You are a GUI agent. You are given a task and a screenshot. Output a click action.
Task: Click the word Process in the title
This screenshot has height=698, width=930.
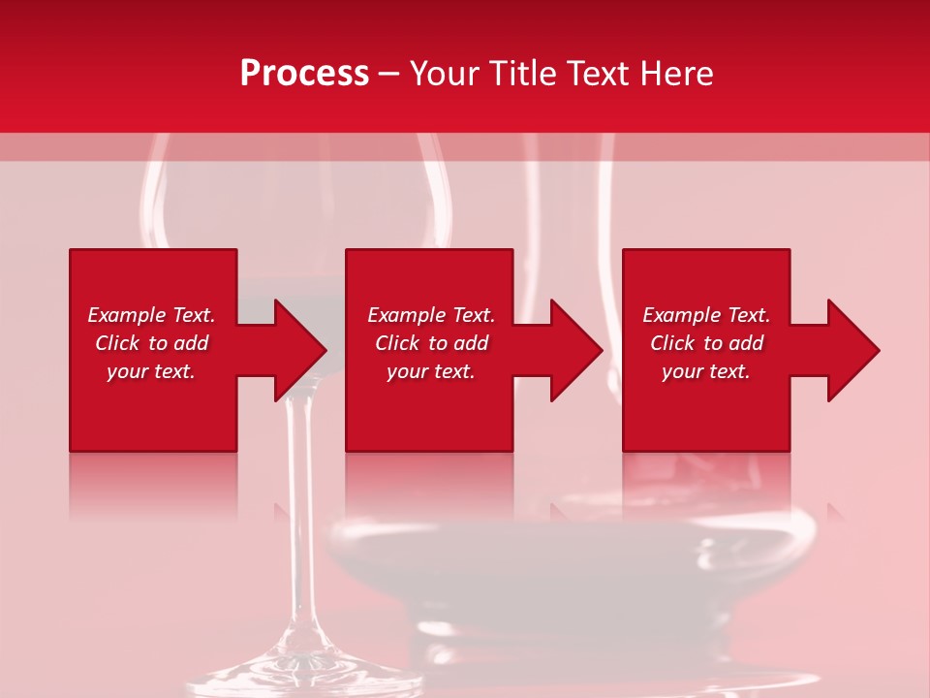coord(304,74)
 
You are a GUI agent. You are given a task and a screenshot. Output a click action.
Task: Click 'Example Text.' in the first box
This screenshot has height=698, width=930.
coord(151,315)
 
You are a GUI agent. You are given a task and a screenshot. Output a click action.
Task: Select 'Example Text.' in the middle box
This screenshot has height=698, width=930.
coord(430,315)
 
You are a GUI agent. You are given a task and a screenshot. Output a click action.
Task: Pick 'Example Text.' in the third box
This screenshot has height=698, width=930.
coord(706,315)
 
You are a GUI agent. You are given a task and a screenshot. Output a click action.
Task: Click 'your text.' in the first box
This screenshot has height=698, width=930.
coord(151,371)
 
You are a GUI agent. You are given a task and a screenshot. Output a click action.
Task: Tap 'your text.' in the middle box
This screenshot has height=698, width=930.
coord(430,371)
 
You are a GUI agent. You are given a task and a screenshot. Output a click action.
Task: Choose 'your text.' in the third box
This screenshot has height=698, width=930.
coord(706,371)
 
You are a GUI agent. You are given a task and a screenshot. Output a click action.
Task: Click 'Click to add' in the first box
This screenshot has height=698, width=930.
coord(151,343)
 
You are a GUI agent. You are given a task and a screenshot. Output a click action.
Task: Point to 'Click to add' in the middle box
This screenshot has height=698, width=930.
coord(430,343)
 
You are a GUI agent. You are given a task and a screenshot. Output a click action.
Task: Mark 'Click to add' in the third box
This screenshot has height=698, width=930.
coord(706,343)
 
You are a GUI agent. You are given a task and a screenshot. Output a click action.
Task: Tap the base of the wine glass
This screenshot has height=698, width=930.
coord(300,669)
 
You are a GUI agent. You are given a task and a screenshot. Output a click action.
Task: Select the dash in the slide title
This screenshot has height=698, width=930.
coord(389,74)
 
